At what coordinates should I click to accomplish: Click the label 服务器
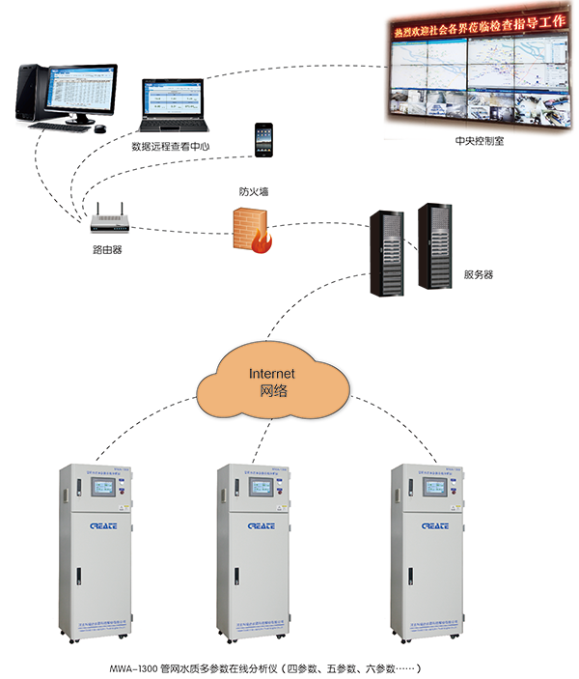(x=479, y=274)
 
